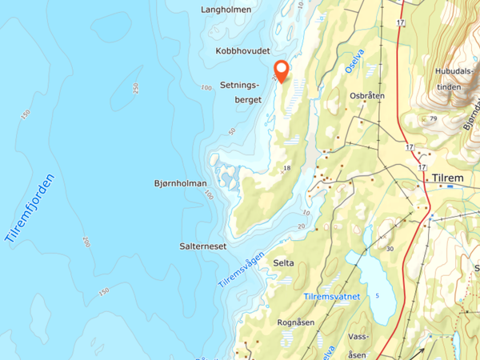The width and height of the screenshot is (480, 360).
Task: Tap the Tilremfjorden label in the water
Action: [x=32, y=208]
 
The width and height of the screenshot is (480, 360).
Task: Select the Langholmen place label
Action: [x=227, y=10]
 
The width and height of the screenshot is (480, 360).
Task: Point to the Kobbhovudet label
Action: [x=242, y=50]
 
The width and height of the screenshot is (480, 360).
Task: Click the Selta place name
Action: [x=283, y=262]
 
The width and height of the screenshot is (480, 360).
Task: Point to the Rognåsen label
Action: [x=295, y=322]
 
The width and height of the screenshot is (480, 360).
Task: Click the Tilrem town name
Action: [x=448, y=178]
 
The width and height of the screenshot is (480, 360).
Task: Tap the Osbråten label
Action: [x=367, y=95]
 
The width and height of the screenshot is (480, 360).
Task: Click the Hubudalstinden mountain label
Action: [x=453, y=78]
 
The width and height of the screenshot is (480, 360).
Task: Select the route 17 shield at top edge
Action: [x=400, y=23]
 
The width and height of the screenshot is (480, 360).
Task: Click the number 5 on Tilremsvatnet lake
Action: [x=377, y=295]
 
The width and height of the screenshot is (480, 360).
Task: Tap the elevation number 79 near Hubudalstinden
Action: [x=433, y=119]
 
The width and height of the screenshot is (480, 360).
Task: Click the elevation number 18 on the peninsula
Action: [x=286, y=168]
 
